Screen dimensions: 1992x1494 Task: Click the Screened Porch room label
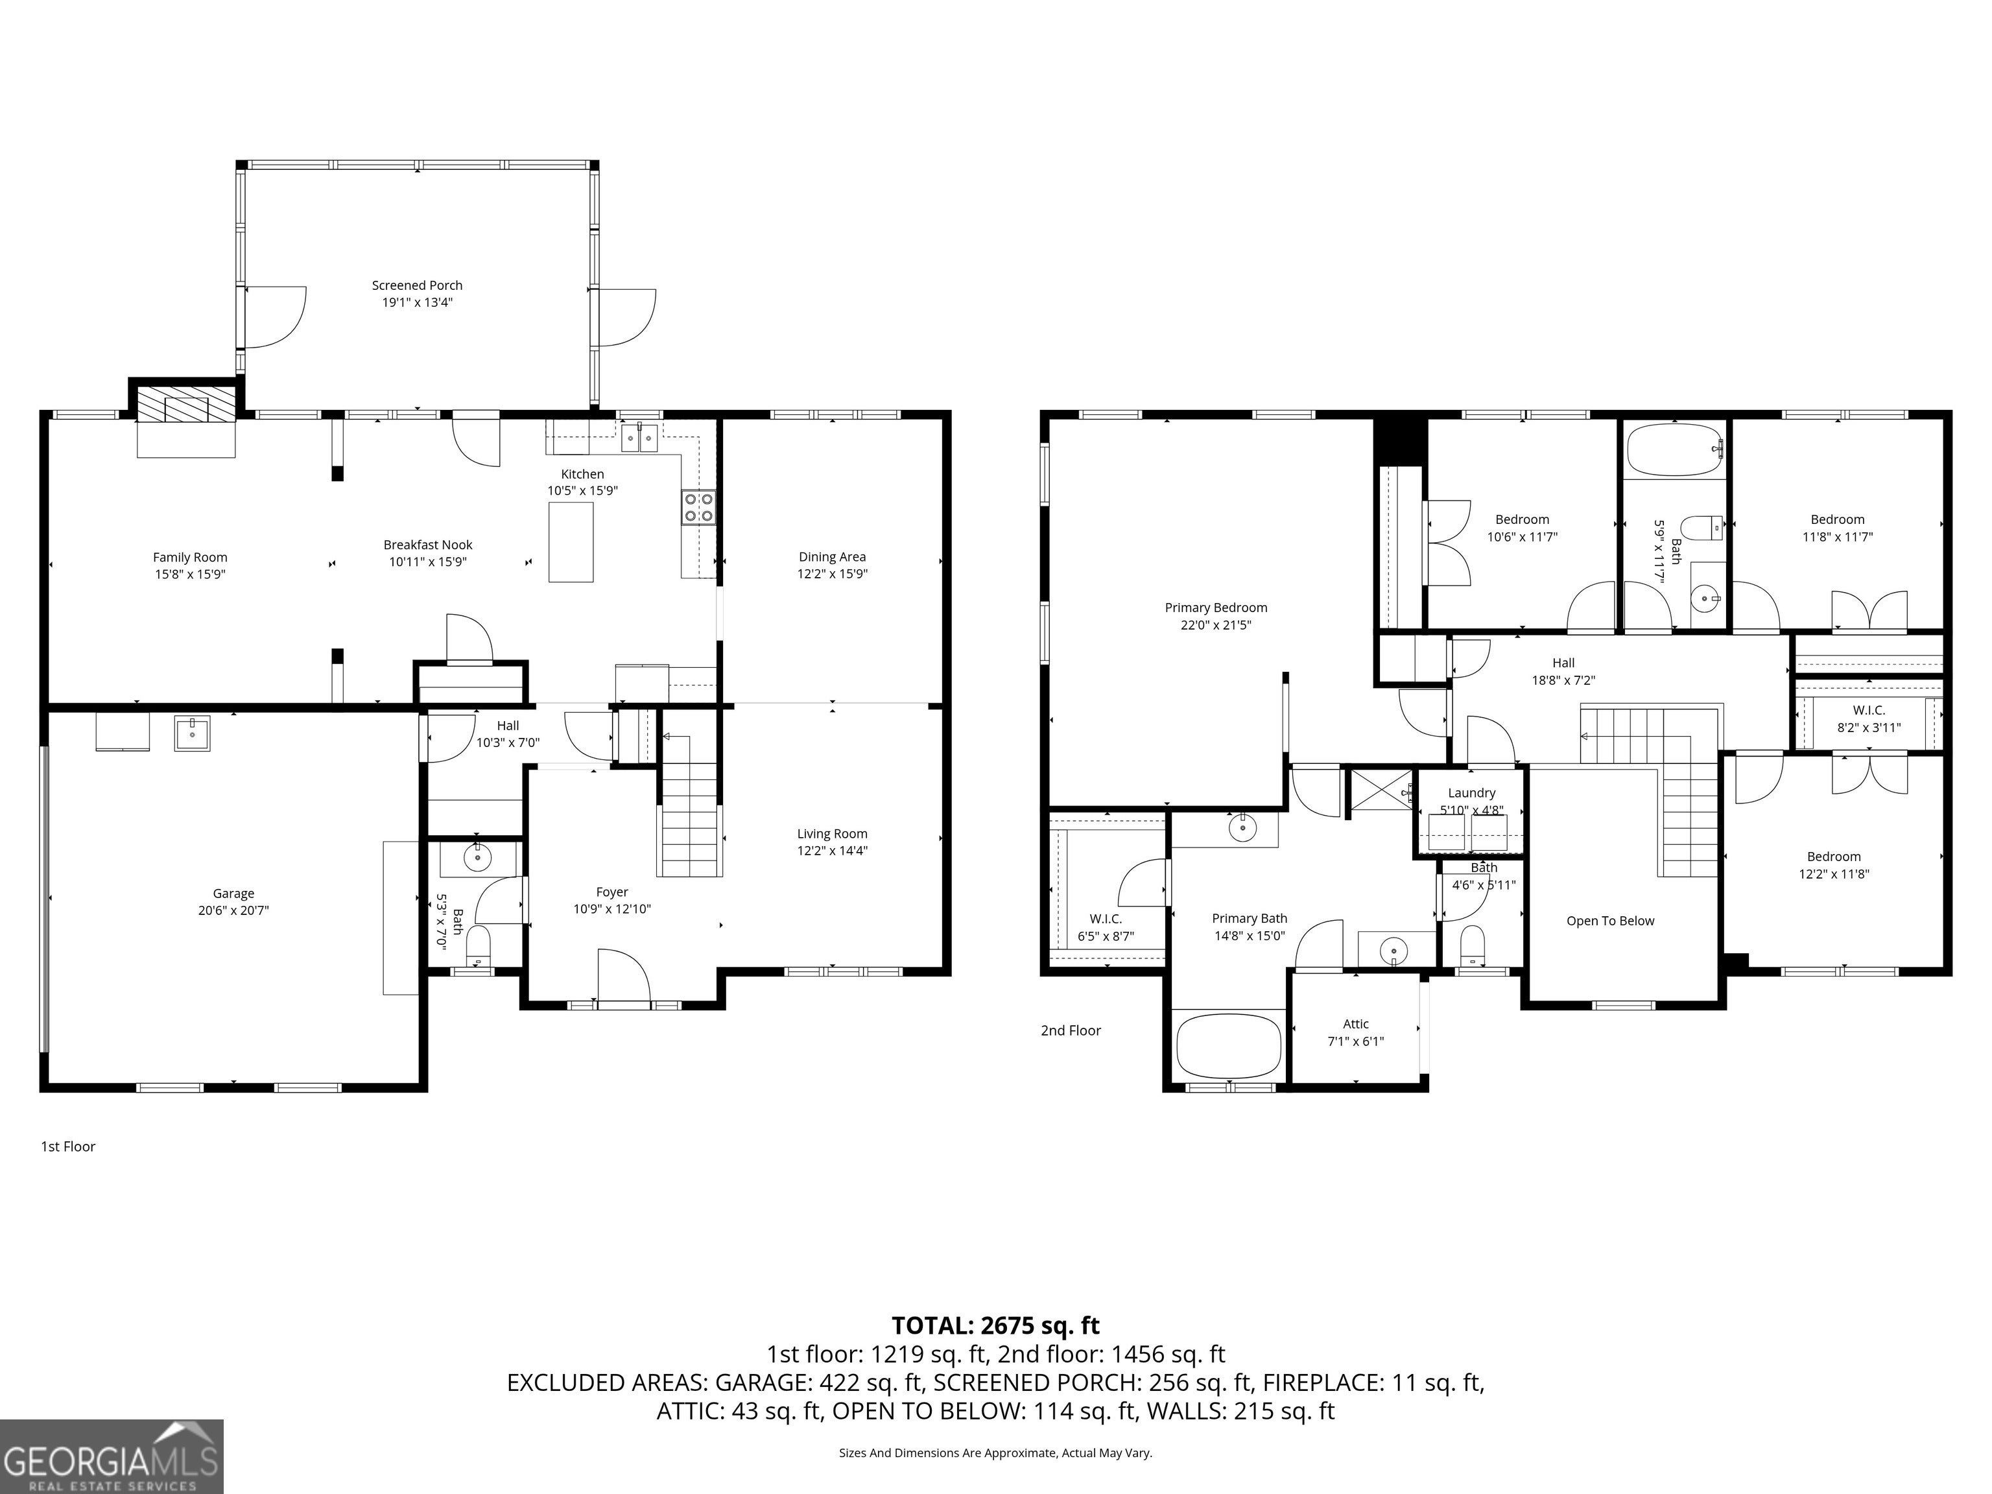point(417,285)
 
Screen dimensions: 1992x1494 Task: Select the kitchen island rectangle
point(571,542)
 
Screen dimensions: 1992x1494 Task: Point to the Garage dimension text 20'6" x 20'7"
point(233,910)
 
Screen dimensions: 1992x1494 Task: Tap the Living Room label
point(832,834)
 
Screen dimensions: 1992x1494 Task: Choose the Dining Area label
point(832,556)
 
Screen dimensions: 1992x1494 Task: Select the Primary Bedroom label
point(1216,608)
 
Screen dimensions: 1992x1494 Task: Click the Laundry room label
point(1471,792)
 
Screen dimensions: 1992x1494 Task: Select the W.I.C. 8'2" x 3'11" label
point(1869,718)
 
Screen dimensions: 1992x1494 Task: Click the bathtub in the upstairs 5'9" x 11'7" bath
point(1674,449)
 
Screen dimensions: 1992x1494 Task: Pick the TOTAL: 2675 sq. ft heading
point(995,1325)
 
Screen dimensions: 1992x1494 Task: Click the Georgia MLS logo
point(112,1456)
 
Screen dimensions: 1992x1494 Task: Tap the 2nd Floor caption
point(1071,1030)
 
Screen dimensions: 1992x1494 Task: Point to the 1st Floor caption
point(67,1146)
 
